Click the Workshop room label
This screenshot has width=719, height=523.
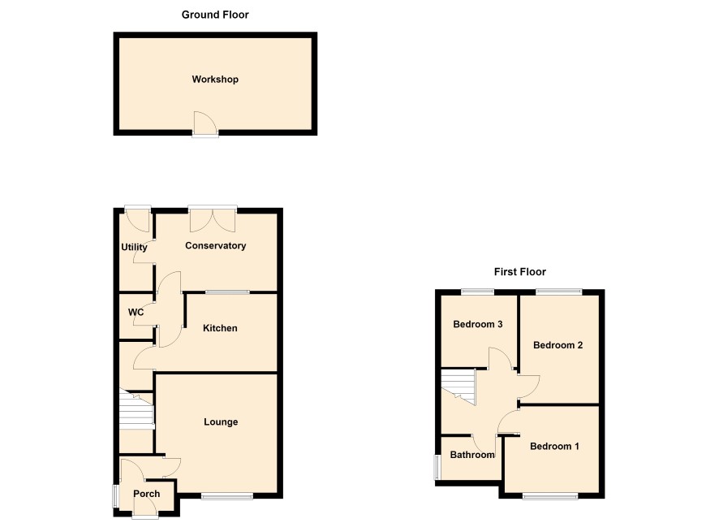pyautogui.click(x=215, y=80)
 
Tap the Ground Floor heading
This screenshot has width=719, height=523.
pyautogui.click(x=215, y=15)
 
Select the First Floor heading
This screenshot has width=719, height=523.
pyautogui.click(x=520, y=271)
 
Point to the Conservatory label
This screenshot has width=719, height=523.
pyautogui.click(x=216, y=245)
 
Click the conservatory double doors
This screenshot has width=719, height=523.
pyautogui.click(x=213, y=220)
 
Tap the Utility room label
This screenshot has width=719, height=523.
pyautogui.click(x=134, y=247)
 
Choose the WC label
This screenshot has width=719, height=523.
pyautogui.click(x=136, y=313)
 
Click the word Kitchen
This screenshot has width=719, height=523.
pyautogui.click(x=220, y=328)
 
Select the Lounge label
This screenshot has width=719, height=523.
pyautogui.click(x=221, y=422)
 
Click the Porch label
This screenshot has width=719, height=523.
pyautogui.click(x=147, y=494)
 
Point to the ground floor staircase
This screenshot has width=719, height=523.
pyautogui.click(x=136, y=409)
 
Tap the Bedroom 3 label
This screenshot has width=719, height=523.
pyautogui.click(x=478, y=324)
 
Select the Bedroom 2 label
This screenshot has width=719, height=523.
pyautogui.click(x=558, y=345)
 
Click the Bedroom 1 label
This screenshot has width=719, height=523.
pyautogui.click(x=554, y=446)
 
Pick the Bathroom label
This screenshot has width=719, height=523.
pyautogui.click(x=472, y=455)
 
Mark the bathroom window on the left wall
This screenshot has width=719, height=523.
pyautogui.click(x=437, y=468)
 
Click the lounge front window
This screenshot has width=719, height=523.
pyautogui.click(x=227, y=496)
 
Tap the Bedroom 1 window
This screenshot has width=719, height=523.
pyautogui.click(x=550, y=496)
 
